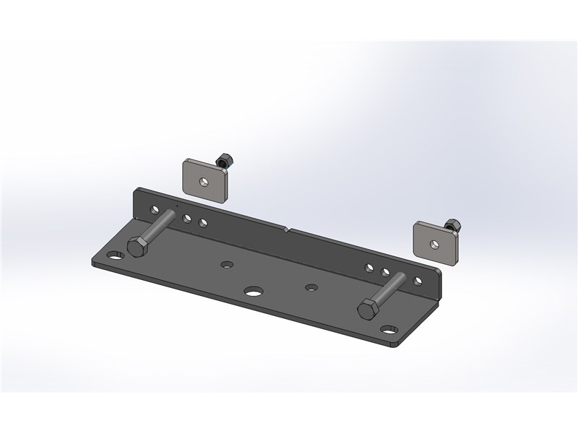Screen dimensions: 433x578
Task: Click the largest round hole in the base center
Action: [x=253, y=292]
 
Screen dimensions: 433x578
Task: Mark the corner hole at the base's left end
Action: [x=113, y=255]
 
